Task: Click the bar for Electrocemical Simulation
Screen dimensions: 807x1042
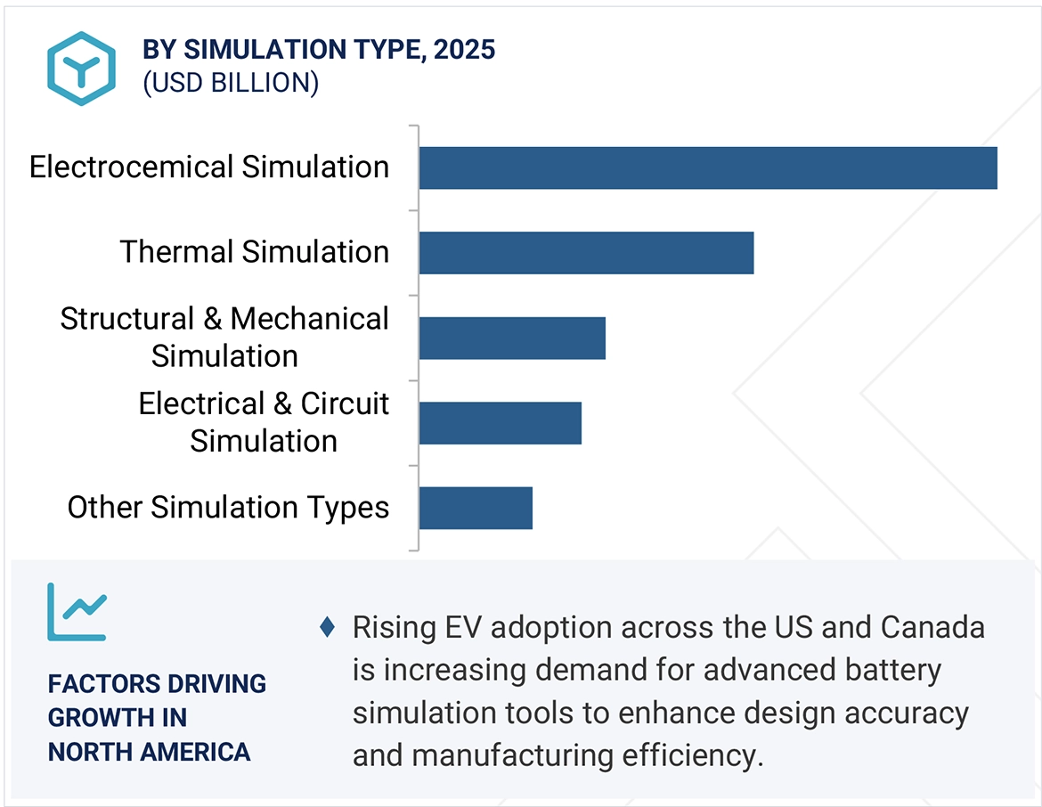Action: [708, 168]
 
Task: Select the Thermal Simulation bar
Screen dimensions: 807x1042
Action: [586, 253]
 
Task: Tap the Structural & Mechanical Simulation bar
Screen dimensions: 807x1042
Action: [512, 338]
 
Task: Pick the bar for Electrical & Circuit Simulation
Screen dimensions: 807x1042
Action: [500, 423]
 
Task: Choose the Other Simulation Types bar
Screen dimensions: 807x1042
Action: [476, 508]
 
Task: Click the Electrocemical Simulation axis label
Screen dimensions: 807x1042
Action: [209, 167]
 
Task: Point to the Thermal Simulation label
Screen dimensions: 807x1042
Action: [255, 252]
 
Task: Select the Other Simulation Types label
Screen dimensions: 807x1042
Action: [229, 508]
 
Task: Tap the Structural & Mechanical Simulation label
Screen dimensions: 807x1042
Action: [224, 337]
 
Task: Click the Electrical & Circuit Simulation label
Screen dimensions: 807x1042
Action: [264, 422]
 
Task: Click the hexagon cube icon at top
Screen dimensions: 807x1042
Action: [81, 69]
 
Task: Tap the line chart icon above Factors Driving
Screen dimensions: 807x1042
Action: [77, 612]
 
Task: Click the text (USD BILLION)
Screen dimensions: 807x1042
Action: [231, 83]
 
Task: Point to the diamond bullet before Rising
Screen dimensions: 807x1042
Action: [327, 628]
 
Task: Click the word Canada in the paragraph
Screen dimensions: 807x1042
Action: [932, 628]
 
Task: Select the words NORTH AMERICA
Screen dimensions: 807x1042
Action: [149, 752]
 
